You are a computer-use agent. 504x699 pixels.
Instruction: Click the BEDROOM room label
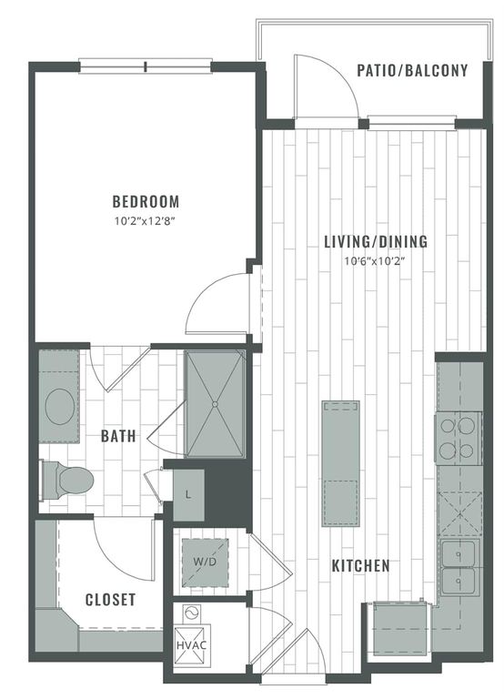pos(146,201)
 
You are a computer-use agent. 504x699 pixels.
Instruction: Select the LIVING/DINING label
pos(376,242)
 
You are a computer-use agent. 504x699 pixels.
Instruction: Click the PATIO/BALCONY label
pos(412,70)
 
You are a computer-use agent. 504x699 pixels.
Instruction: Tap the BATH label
pos(118,436)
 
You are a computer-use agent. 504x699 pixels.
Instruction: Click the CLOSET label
pos(110,600)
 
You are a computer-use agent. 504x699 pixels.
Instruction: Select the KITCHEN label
pos(360,565)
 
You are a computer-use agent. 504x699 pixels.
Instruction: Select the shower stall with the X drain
pos(216,403)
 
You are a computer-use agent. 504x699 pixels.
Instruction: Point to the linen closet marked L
pos(188,494)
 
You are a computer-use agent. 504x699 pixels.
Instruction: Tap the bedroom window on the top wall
pos(146,65)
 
